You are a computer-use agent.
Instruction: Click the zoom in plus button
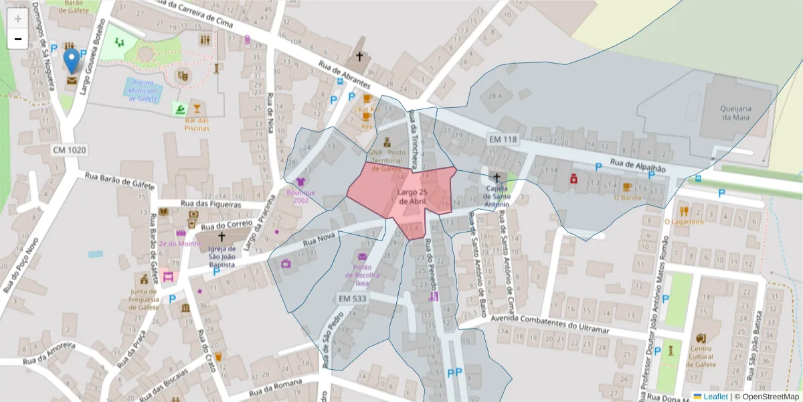pos(18,18)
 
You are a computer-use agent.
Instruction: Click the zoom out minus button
pos(18,39)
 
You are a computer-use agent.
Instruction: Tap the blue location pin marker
pos(71,61)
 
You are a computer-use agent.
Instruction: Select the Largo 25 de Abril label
pos(413,197)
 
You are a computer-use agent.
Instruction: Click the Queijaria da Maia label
pos(735,113)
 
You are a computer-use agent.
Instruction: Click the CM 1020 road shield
pos(70,150)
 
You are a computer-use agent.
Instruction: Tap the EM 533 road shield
pos(352,297)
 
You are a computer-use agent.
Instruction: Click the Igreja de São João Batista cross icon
pos(221,237)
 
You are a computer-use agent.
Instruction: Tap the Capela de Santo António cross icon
pos(497,178)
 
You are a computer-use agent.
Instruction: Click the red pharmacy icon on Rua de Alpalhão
pos(573,179)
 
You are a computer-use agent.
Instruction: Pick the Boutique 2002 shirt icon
pos(300,182)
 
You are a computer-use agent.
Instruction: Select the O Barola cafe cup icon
pos(627,187)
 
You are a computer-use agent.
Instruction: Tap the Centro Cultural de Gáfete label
pos(700,356)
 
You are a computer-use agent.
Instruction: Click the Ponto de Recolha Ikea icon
pos(363,257)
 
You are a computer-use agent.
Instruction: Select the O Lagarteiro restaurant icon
pos(684,211)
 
